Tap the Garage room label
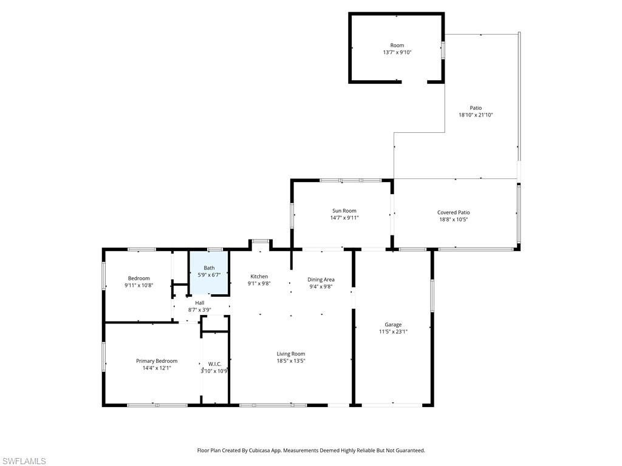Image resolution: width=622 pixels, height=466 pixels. tap(393, 325)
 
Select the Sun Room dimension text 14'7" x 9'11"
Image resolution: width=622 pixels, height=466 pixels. tap(344, 218)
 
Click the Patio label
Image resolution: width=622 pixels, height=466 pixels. tap(476, 108)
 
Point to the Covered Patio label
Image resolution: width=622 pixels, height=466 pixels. tap(453, 212)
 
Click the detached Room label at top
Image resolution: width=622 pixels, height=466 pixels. tap(397, 46)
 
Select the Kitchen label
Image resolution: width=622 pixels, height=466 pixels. tap(259, 277)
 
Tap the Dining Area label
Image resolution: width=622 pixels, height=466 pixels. tap(321, 280)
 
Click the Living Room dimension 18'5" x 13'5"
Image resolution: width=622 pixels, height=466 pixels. tap(291, 361)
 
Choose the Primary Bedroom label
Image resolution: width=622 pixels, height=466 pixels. tap(157, 361)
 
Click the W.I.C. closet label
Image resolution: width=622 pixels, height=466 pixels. tap(214, 364)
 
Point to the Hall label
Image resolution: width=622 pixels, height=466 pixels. tap(199, 303)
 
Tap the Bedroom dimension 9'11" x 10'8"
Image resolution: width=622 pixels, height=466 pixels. tap(138, 285)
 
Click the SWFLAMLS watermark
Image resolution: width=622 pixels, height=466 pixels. tap(24, 461)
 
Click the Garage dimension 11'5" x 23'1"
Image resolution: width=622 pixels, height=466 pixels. tap(393, 332)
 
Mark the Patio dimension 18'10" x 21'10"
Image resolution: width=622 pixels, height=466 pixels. tap(476, 115)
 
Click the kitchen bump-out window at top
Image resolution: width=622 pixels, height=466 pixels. tap(261, 241)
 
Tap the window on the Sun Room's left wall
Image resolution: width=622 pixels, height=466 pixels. tap(292, 215)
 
